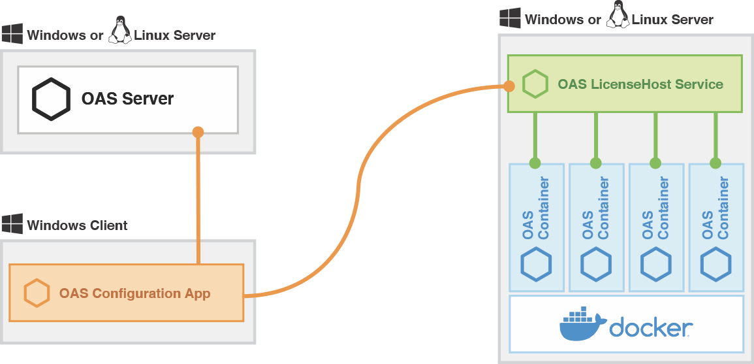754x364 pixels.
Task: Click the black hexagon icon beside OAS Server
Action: coord(51,99)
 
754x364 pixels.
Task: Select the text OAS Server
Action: coord(127,99)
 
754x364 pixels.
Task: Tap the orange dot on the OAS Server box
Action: coord(198,132)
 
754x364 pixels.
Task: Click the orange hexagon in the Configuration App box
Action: coord(37,293)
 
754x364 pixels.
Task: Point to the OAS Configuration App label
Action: coord(134,293)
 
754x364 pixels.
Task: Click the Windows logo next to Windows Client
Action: coord(12,224)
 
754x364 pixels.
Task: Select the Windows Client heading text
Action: coord(77,225)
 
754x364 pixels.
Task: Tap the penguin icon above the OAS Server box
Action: coord(119,31)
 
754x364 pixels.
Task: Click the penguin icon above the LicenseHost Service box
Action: coord(618,16)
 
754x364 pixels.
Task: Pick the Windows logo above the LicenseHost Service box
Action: coord(510,18)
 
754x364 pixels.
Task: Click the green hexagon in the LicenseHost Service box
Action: coord(535,84)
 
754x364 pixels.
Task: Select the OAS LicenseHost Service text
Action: coord(640,84)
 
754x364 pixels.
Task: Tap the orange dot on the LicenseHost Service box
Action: coord(508,86)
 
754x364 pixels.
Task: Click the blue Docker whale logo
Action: coord(582,325)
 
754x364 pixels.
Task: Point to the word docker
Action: coord(650,327)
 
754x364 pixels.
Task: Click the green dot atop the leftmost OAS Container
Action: coord(535,163)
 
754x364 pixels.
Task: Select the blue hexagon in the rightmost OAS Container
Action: coord(715,264)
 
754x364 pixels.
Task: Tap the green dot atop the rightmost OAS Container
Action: coord(715,163)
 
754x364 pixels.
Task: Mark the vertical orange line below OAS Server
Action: coord(198,196)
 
